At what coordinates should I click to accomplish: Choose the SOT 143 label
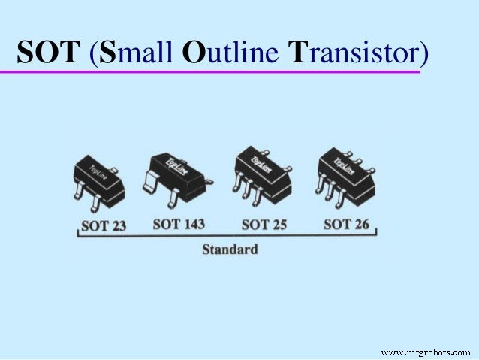tap(182, 224)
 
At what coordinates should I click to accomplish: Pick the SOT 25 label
tap(265, 224)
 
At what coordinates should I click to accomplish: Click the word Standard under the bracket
tap(230, 248)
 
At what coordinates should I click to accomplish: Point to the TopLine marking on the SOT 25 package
tap(261, 161)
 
